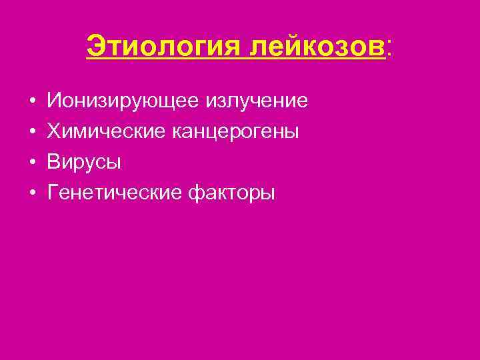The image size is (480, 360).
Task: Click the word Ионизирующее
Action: [125, 101]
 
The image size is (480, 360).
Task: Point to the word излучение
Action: [259, 101]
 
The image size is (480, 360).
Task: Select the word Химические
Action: [107, 132]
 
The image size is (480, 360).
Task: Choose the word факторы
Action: [232, 193]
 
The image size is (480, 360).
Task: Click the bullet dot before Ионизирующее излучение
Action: [32, 102]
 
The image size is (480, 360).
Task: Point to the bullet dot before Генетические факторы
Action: [32, 194]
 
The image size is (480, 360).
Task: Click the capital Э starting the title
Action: [95, 47]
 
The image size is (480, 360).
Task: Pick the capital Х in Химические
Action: [54, 131]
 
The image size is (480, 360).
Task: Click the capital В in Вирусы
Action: [54, 162]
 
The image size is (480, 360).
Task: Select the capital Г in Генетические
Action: [53, 193]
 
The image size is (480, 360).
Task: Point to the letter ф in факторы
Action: [198, 194]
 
